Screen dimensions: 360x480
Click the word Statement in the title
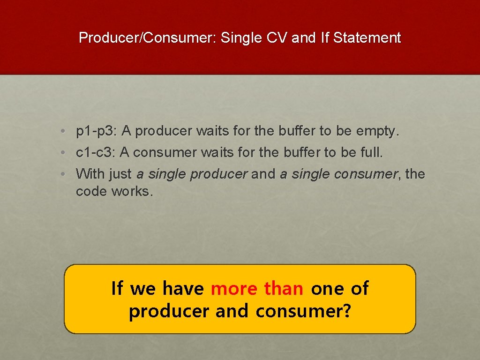pos(367,37)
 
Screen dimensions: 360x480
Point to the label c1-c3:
pos(96,152)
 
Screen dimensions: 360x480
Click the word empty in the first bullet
pos(376,132)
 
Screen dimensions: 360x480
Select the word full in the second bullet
pos(372,152)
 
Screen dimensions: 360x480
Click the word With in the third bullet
pos(90,174)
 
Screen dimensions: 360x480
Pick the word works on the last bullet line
pos(132,191)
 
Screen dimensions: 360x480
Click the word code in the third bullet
pos(92,191)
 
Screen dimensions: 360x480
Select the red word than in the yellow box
pos(284,288)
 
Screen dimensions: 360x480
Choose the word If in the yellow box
pos(117,288)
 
